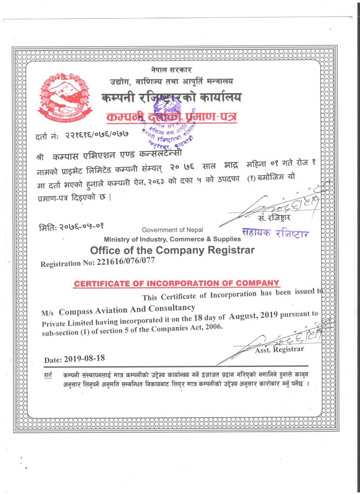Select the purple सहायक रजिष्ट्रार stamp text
point(275,233)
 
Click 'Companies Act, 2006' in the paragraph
point(190,327)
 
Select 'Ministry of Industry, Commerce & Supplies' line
point(172,239)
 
